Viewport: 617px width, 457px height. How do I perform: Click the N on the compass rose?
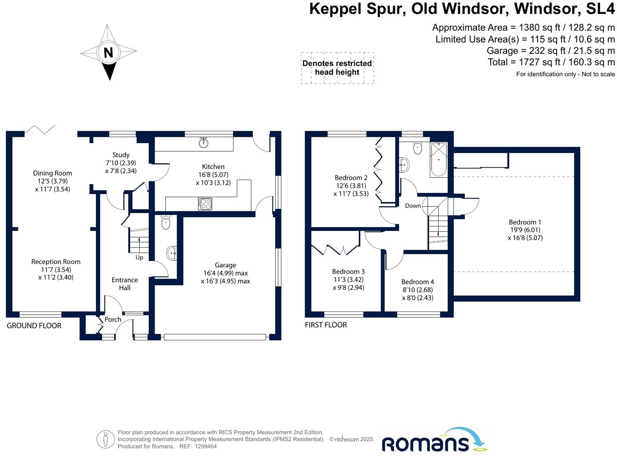[108, 53]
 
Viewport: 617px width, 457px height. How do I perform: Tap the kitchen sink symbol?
[203, 143]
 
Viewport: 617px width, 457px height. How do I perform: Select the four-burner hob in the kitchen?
[205, 204]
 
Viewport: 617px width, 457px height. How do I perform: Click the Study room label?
[121, 155]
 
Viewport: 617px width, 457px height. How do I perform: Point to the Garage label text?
[226, 265]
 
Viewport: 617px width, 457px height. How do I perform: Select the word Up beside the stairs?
[139, 257]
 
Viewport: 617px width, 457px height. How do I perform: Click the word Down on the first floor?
[413, 206]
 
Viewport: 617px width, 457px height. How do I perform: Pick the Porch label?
[113, 319]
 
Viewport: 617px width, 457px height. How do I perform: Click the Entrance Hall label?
[125, 284]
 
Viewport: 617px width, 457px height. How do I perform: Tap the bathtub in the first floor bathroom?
[439, 160]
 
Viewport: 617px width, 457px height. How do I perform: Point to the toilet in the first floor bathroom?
[418, 148]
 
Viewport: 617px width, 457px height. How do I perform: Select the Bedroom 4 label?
[418, 282]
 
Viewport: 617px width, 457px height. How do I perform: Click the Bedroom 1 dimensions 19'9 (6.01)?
[525, 230]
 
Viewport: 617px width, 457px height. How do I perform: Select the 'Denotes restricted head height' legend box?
[337, 68]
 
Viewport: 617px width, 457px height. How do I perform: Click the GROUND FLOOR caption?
[34, 326]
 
